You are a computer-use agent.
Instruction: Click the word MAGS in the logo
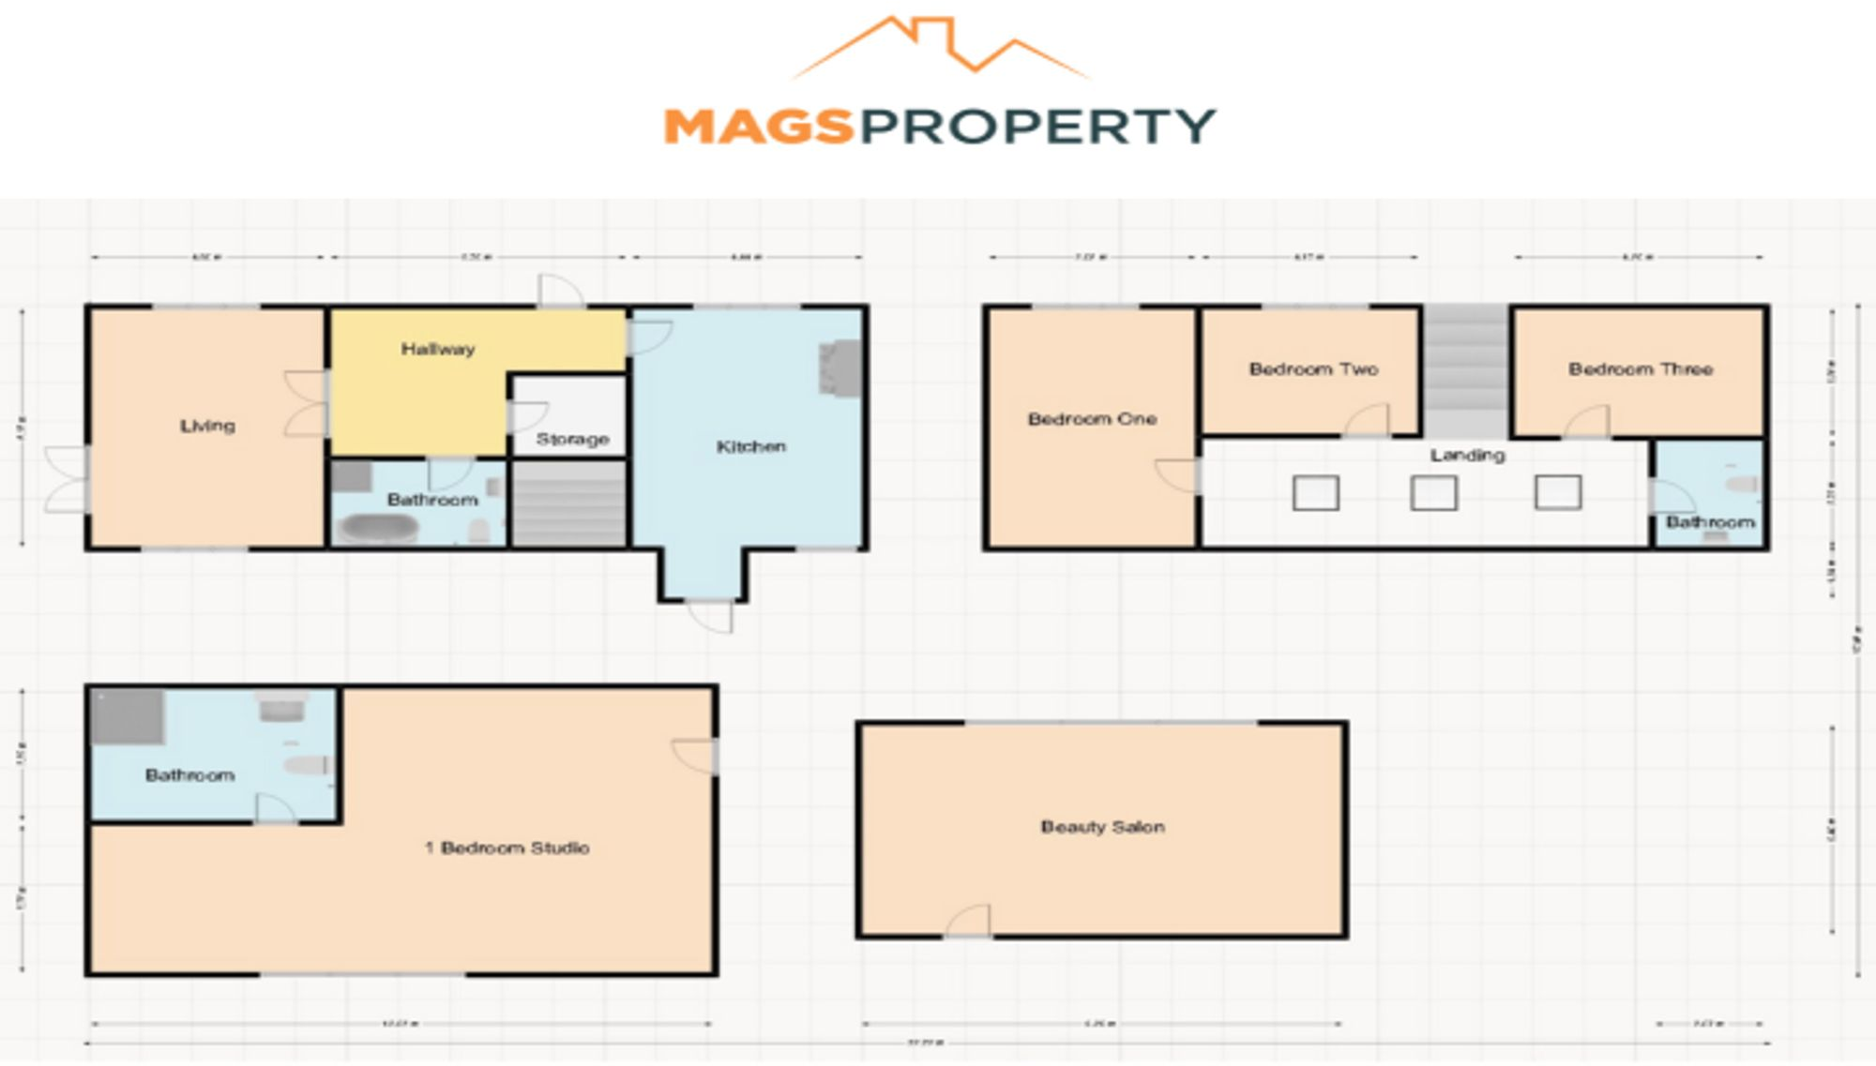click(758, 127)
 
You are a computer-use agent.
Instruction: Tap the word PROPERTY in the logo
click(1037, 127)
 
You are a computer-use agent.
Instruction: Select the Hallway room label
click(438, 350)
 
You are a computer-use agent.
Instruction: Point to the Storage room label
click(572, 439)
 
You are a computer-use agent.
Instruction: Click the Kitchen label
click(751, 446)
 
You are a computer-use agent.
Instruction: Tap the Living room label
click(207, 426)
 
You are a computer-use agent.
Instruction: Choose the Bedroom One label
click(1092, 419)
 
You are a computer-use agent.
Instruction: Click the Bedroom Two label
click(1313, 369)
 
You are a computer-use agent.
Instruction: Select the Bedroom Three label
click(1641, 369)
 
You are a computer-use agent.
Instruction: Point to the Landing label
click(1467, 456)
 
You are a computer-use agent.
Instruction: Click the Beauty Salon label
click(1102, 827)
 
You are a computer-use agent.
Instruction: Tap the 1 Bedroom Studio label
click(507, 848)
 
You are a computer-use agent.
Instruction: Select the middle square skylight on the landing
click(1433, 493)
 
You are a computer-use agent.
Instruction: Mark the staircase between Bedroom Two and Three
click(1466, 370)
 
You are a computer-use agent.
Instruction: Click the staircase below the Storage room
click(568, 503)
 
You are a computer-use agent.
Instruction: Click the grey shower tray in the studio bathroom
click(128, 717)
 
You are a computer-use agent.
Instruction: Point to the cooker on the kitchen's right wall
click(840, 368)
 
